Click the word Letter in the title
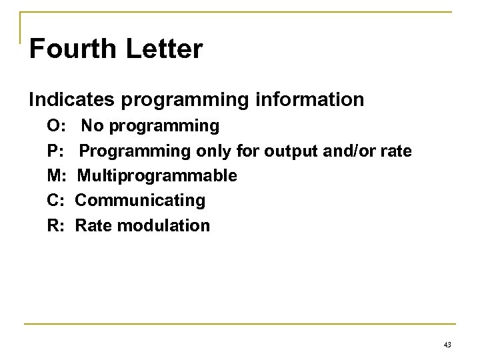(x=160, y=51)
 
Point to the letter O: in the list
(x=56, y=125)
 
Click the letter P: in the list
(x=55, y=151)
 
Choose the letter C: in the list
(x=55, y=201)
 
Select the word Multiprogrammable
(x=157, y=176)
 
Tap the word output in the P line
(x=289, y=151)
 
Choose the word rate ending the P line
(x=397, y=151)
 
